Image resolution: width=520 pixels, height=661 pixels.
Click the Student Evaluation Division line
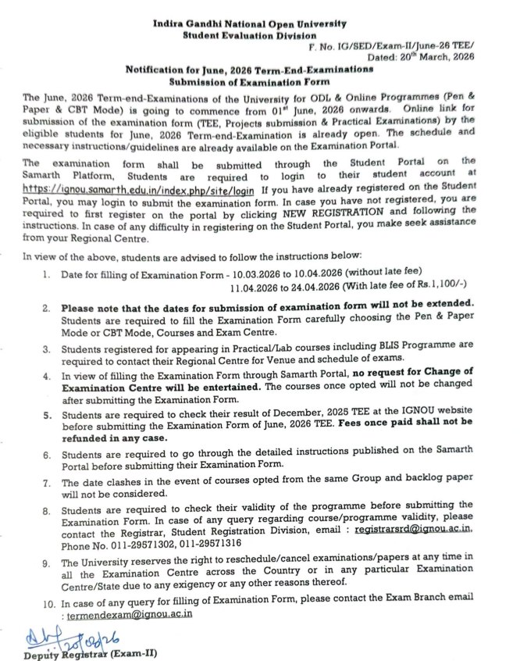click(249, 37)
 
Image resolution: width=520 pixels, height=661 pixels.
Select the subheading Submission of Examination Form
click(249, 80)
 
